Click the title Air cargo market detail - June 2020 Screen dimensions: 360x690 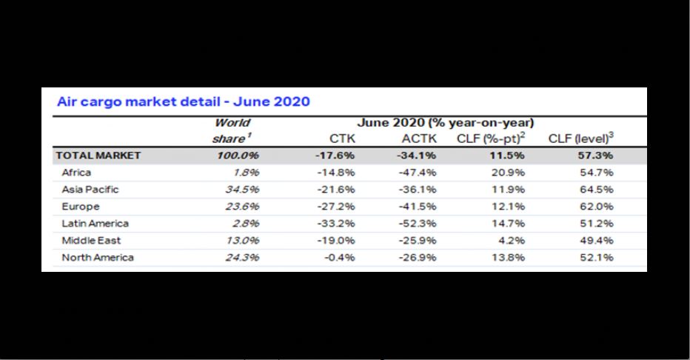[184, 101]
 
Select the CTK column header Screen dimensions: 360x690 [341, 139]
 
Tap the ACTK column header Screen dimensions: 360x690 [421, 139]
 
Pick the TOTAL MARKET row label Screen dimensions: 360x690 [98, 156]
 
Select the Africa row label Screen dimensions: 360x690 [76, 173]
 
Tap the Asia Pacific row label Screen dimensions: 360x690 [90, 190]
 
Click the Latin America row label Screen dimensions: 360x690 [95, 224]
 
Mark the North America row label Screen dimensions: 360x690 [98, 258]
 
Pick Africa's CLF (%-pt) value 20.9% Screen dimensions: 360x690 [510, 173]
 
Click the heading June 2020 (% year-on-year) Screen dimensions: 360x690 [447, 122]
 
